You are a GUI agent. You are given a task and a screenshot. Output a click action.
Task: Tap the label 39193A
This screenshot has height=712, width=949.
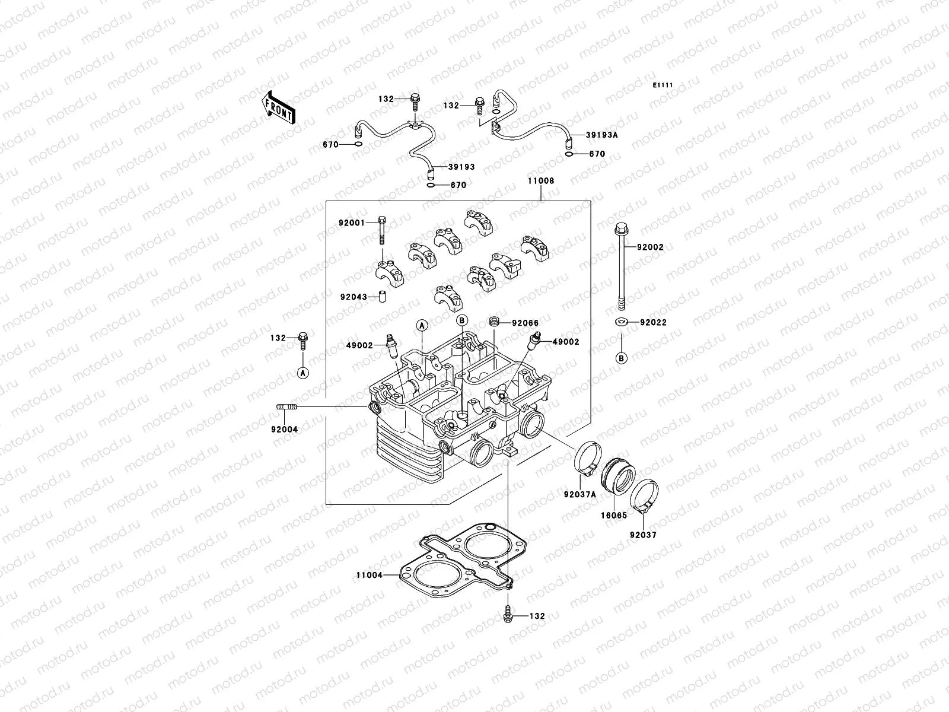(601, 135)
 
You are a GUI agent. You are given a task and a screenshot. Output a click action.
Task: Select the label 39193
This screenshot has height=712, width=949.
(461, 167)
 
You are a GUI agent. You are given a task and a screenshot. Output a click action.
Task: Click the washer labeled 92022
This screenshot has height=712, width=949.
(620, 322)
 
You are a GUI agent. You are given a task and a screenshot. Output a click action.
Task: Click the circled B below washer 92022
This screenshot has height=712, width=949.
(621, 358)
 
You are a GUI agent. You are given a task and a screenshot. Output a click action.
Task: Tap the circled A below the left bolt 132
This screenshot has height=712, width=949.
(302, 373)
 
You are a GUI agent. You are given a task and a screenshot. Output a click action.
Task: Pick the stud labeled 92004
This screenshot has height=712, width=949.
(285, 406)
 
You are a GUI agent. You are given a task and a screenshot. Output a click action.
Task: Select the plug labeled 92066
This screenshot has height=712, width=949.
(492, 322)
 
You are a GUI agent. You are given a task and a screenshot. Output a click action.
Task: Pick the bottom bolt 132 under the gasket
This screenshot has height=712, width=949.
(508, 616)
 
